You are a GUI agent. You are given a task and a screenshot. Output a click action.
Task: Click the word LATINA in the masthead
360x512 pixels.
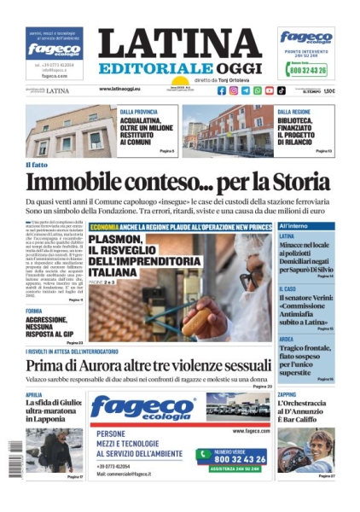point(179,44)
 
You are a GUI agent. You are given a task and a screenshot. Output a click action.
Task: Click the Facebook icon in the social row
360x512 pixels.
point(222,90)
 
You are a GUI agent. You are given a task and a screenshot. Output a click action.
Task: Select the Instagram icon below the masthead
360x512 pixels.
point(234,90)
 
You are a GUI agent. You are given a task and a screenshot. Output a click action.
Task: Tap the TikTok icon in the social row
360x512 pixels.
point(282,90)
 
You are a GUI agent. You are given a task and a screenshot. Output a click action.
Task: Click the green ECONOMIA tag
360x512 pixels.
point(104,227)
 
